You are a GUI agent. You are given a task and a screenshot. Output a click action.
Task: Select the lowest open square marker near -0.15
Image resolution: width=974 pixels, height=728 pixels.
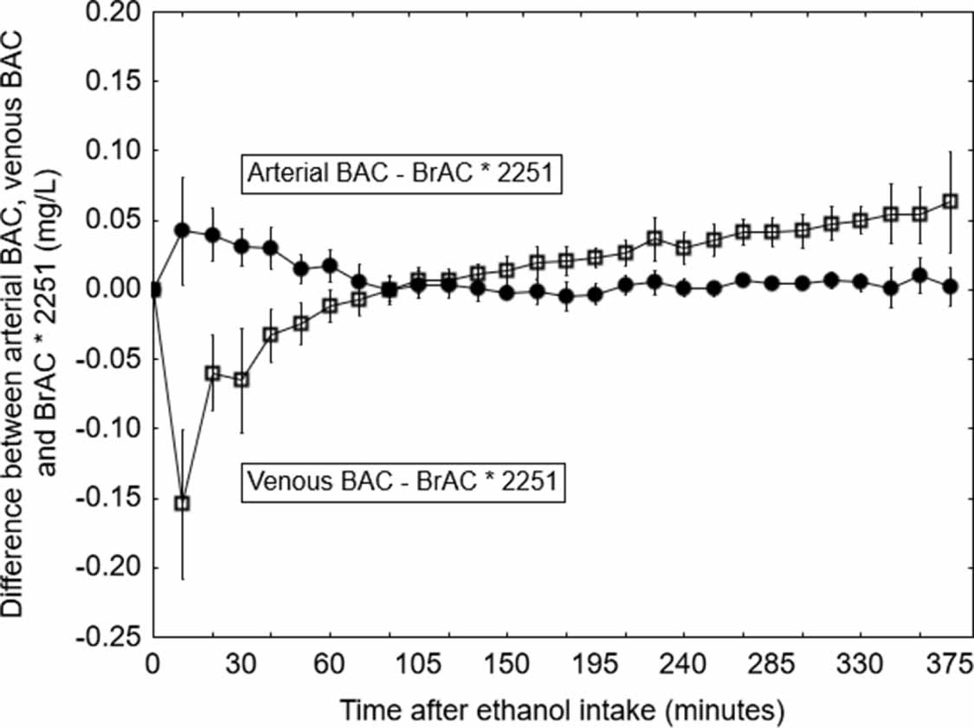pyautogui.click(x=182, y=503)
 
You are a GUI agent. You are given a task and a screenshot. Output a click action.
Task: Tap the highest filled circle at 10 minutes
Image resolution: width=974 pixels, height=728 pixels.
pyautogui.click(x=182, y=230)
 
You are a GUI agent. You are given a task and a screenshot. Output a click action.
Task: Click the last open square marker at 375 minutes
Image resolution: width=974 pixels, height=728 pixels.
pyautogui.click(x=950, y=201)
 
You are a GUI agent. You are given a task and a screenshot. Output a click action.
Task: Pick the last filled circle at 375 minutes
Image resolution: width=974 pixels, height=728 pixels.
pyautogui.click(x=950, y=286)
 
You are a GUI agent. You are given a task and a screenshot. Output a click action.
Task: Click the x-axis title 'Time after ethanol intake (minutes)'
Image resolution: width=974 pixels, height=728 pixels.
pyautogui.click(x=562, y=712)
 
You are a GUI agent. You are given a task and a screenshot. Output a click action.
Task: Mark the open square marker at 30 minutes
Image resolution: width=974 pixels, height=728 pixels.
pyautogui.click(x=242, y=379)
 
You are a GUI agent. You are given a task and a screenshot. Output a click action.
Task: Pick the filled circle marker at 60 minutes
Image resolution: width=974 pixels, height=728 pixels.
pyautogui.click(x=330, y=265)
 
